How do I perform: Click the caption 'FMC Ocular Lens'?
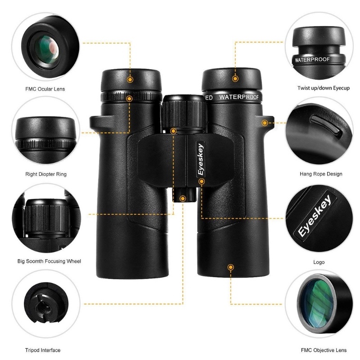click(45, 89)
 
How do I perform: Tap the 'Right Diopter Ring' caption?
click(46, 174)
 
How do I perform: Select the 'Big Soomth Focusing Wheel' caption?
click(49, 261)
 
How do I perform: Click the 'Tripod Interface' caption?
click(43, 350)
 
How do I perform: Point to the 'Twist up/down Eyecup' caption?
click(324, 88)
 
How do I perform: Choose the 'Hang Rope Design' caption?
click(321, 174)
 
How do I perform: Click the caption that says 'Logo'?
click(319, 262)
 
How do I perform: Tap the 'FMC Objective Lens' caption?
click(324, 350)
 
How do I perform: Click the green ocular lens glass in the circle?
click(48, 50)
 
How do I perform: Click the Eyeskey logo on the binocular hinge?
click(201, 159)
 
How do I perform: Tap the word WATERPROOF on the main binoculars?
click(239, 97)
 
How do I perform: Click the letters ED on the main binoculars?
click(209, 98)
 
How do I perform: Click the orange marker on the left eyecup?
click(130, 80)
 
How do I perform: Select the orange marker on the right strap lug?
click(265, 123)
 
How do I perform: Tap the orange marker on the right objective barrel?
click(230, 267)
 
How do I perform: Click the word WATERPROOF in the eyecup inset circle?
click(312, 60)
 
